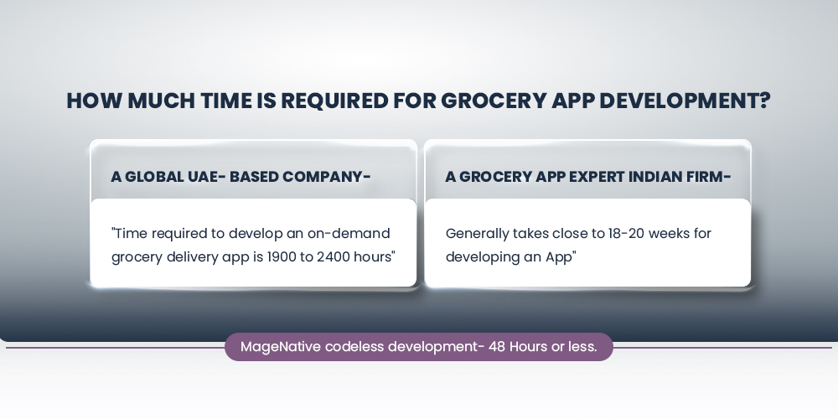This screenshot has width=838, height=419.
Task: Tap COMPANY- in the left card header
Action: click(327, 177)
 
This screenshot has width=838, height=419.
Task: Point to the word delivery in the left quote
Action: click(189, 256)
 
